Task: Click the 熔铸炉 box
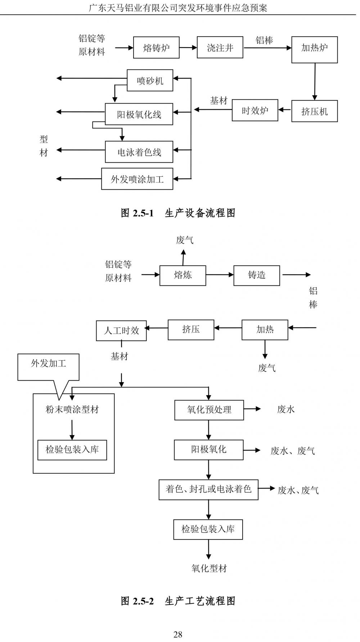coord(156,48)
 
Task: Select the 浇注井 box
coord(220,48)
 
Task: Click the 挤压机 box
coord(314,111)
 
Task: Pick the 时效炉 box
coord(255,110)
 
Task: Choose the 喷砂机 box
coord(150,80)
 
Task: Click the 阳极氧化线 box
coord(139,114)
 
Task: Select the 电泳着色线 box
coord(139,152)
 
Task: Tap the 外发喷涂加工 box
coord(137,179)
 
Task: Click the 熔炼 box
coord(183,276)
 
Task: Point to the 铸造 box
coord(257,276)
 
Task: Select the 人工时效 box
coord(121,331)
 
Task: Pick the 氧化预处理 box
coord(209,410)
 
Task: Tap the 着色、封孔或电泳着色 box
coord(208,489)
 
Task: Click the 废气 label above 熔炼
coord(185,240)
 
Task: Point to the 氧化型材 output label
coord(209,568)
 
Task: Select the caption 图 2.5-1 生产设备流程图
coord(178,213)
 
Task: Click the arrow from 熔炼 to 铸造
coord(220,275)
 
